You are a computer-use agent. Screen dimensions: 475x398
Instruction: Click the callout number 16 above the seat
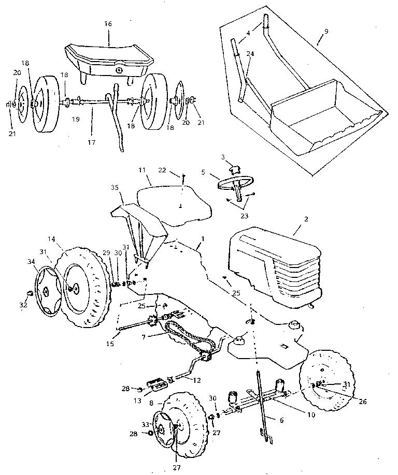[x=109, y=24]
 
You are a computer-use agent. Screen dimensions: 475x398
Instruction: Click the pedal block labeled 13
[x=158, y=386]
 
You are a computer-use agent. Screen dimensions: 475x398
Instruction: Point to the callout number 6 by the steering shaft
[x=282, y=420]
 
